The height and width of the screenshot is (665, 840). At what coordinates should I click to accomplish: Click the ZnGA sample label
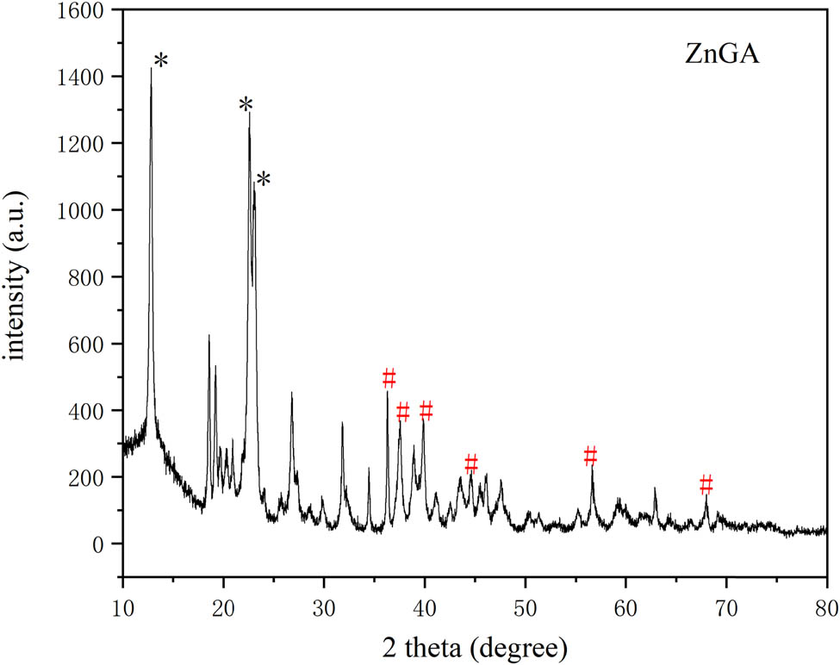click(709, 60)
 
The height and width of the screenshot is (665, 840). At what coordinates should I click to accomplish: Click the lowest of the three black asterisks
click(264, 180)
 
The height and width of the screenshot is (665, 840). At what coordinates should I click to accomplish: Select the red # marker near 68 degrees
click(706, 483)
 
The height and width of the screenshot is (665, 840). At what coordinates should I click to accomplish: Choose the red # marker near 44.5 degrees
click(470, 463)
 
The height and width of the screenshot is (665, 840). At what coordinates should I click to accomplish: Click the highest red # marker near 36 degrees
click(389, 377)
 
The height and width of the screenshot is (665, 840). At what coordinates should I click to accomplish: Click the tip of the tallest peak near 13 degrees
click(151, 68)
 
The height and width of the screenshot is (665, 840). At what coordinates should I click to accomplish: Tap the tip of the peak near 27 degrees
click(291, 393)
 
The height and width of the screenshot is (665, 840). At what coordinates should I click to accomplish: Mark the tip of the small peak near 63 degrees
click(655, 488)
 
